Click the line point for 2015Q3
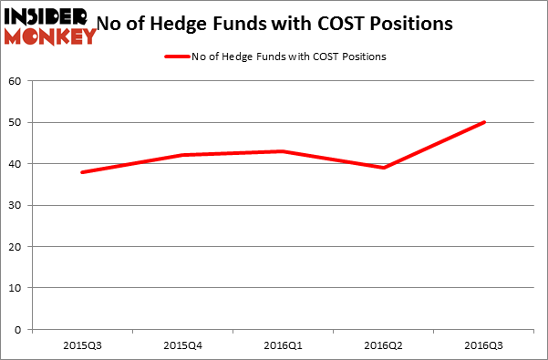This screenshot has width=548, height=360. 83,172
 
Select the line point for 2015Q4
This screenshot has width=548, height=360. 183,155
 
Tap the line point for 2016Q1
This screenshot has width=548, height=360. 284,151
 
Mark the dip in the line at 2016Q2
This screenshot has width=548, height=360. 384,168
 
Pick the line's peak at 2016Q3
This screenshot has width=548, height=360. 483,122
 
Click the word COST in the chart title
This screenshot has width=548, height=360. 361,24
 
